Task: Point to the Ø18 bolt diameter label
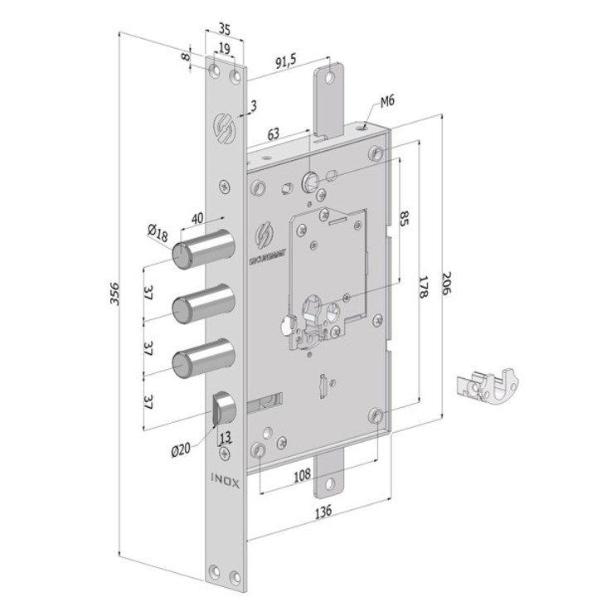[x=159, y=236]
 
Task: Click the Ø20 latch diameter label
[x=182, y=450]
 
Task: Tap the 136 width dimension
[x=325, y=512]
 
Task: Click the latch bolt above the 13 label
[x=224, y=408]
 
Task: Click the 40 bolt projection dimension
[x=198, y=218]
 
